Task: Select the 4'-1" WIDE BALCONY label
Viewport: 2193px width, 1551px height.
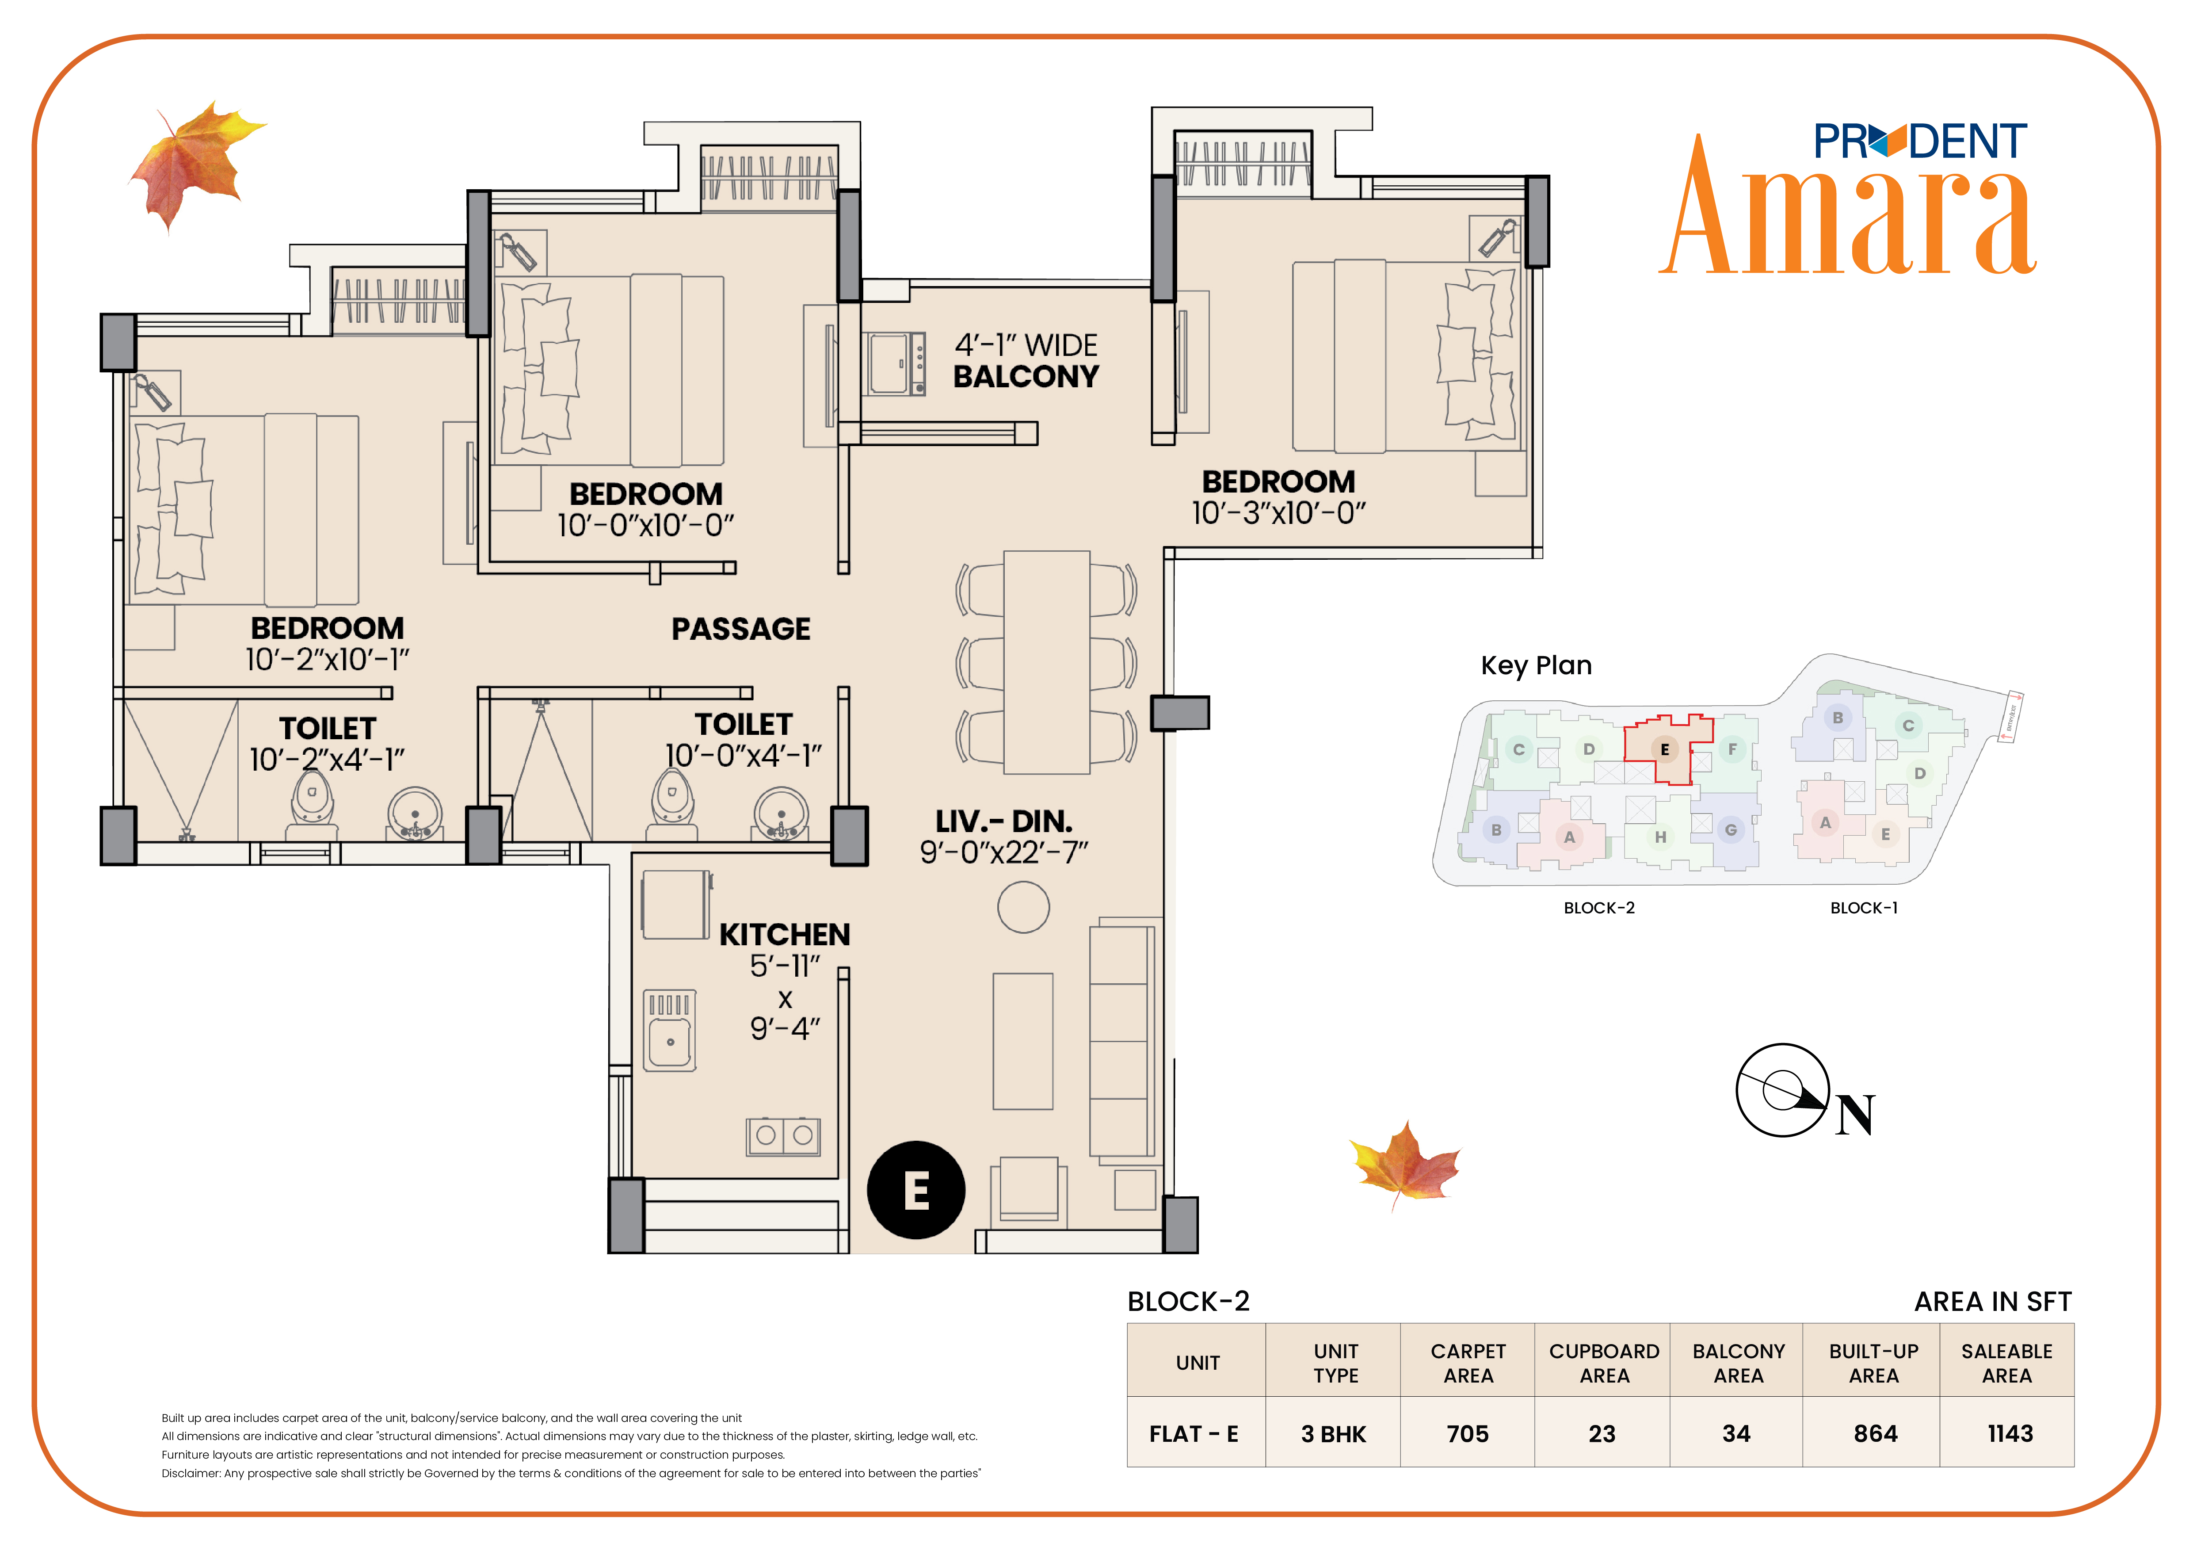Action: point(1027,361)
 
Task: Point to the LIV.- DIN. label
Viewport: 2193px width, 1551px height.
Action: point(1004,821)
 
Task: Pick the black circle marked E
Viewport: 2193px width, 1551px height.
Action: point(916,1190)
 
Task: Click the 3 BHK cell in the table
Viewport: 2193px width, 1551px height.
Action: point(1333,1433)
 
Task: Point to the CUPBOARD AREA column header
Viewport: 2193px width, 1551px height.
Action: point(1604,1363)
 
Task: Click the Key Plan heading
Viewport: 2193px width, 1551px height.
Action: point(1536,666)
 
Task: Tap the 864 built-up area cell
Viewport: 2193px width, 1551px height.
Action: point(1875,1433)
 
